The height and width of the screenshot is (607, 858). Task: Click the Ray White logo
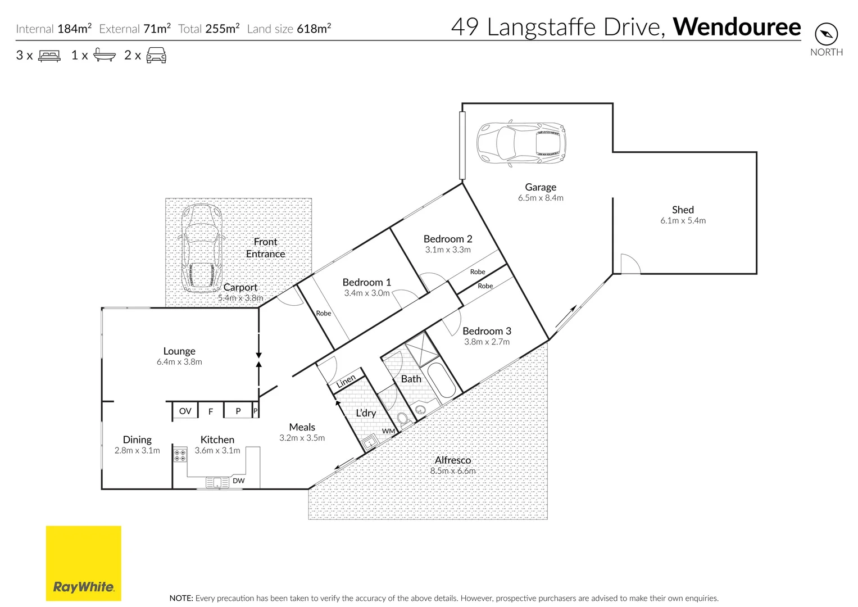[x=83, y=563]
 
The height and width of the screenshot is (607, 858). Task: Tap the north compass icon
[x=826, y=34]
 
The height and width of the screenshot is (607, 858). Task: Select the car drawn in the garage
[x=521, y=142]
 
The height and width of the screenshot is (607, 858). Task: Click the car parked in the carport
[x=201, y=249]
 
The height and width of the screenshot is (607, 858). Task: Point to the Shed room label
[x=683, y=210]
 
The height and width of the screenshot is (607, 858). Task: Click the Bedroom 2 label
[x=448, y=239]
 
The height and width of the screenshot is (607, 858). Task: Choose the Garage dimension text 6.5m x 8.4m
[x=541, y=198]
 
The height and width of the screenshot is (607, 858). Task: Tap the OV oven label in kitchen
[x=185, y=411]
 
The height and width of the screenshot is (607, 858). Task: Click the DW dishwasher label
[x=239, y=481]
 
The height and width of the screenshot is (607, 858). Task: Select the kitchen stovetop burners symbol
[x=180, y=455]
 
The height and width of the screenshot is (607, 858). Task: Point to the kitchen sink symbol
[x=217, y=482]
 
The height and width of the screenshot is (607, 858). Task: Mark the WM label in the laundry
[x=388, y=431]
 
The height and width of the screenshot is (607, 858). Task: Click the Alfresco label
[x=453, y=460]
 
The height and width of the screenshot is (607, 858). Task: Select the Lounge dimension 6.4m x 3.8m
[x=179, y=362]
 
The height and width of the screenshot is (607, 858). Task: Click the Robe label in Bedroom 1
[x=324, y=313]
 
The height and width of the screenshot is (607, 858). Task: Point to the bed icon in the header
[x=49, y=56]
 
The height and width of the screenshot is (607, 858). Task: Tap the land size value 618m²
[x=314, y=29]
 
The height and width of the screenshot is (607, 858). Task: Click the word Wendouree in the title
[x=737, y=27]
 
